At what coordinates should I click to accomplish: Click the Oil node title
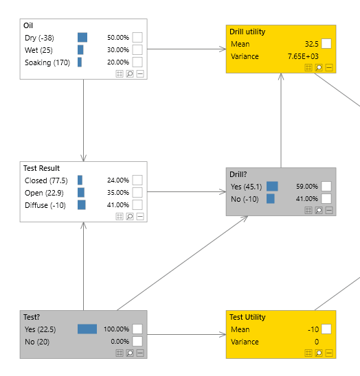tap(28, 25)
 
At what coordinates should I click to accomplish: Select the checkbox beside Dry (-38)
tap(137, 38)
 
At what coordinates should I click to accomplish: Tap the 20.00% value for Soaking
tap(117, 62)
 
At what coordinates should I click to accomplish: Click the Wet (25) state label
tap(39, 50)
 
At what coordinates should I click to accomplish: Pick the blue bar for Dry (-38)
tap(82, 38)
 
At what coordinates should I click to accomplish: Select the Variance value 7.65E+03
tap(303, 56)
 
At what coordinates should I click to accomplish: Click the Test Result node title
tap(41, 168)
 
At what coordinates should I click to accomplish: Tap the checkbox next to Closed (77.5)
tap(137, 180)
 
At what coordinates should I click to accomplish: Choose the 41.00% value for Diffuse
tap(117, 205)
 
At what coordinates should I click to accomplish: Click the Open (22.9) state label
tap(43, 193)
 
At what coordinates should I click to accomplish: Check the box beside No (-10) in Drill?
tap(326, 199)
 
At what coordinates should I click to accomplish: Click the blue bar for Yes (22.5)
tap(87, 329)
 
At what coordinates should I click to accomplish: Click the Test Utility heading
tap(247, 317)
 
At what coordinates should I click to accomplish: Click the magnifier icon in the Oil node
tap(129, 73)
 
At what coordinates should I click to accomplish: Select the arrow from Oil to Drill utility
tap(185, 49)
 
